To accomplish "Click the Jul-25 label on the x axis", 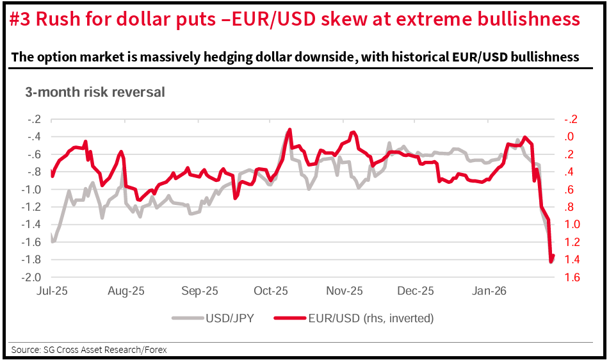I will click(x=52, y=291).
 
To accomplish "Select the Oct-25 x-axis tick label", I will click(x=271, y=291).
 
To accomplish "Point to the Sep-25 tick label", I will click(x=199, y=291).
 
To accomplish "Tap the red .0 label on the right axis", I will click(x=570, y=137).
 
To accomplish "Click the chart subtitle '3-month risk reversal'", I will click(x=95, y=92).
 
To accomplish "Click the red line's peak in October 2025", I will click(x=289, y=129).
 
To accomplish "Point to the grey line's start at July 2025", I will click(x=52, y=236).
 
